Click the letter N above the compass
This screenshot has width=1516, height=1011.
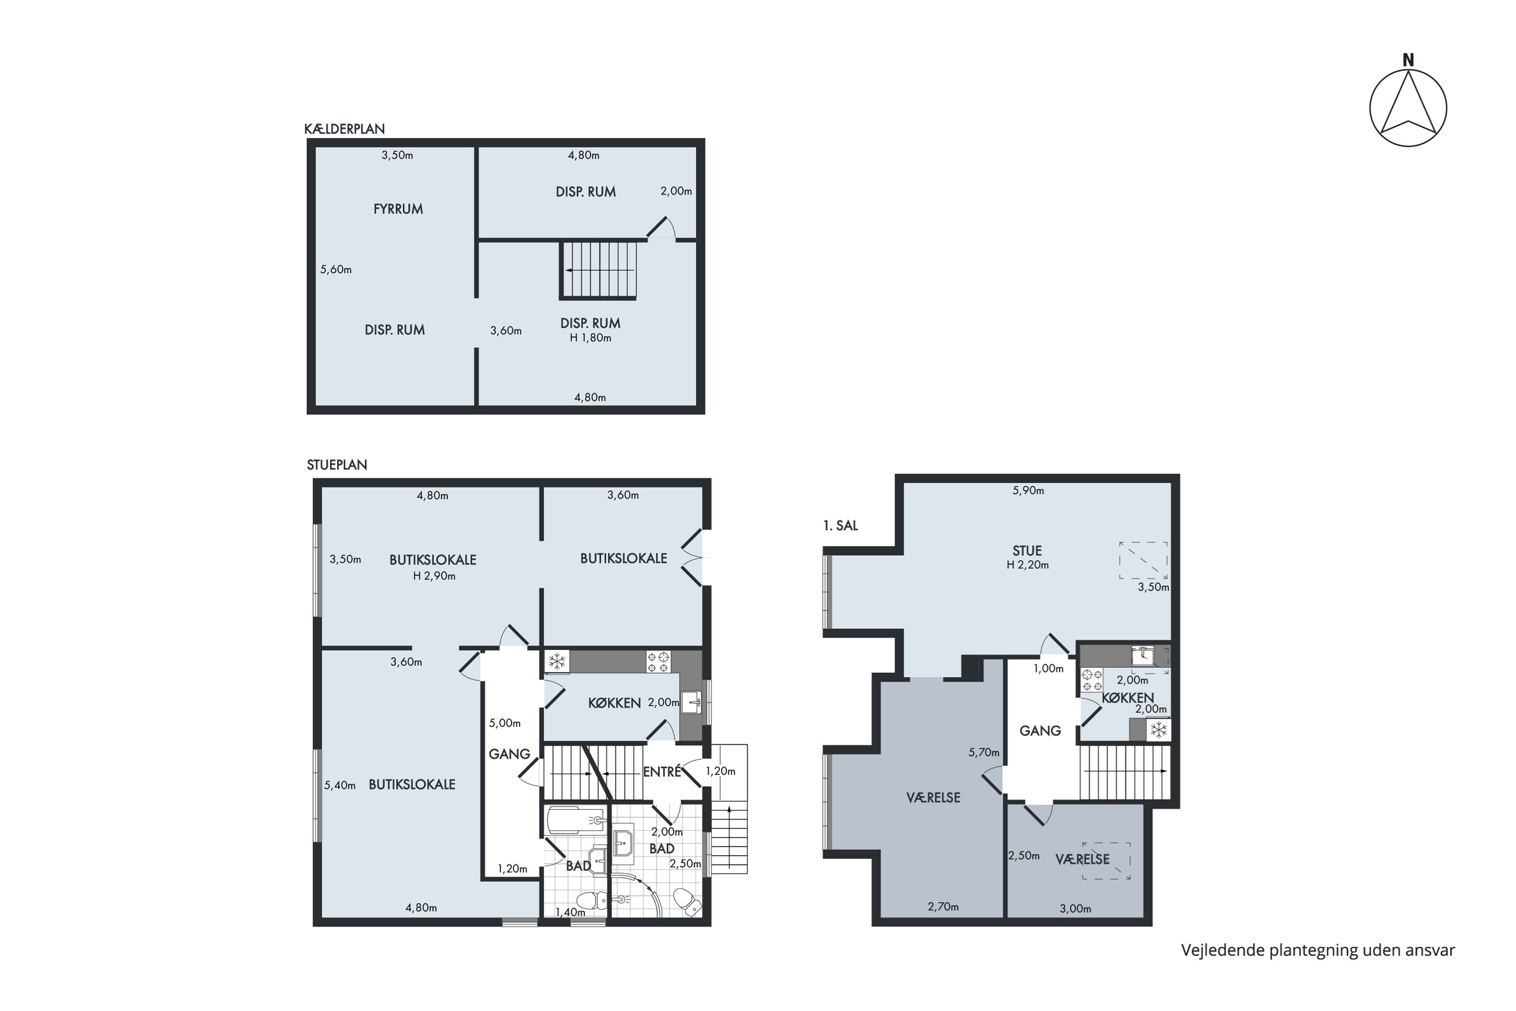point(1408,60)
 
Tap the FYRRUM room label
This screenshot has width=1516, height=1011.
point(398,209)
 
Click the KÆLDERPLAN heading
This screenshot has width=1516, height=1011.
point(344,129)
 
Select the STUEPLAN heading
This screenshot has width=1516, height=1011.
point(337,465)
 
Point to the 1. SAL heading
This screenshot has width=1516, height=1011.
point(840,526)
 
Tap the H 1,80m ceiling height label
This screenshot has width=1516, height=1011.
point(590,338)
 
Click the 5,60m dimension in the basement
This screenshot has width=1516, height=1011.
point(336,269)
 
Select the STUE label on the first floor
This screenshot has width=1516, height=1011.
point(1027,550)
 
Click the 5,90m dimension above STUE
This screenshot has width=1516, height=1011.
point(1028,491)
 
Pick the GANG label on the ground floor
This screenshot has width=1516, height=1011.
point(509,754)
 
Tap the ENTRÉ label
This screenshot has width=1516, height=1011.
point(662,771)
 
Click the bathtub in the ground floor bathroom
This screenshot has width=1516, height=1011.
point(576,821)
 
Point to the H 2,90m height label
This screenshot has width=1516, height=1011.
point(435,576)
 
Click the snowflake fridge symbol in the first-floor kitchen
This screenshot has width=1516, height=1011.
point(1159,730)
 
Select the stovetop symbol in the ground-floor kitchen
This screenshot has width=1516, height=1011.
point(658,662)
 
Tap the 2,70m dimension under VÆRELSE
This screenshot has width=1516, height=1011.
point(943,906)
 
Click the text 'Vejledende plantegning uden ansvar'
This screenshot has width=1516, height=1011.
point(1318,950)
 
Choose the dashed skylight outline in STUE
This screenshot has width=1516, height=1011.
point(1143,560)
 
